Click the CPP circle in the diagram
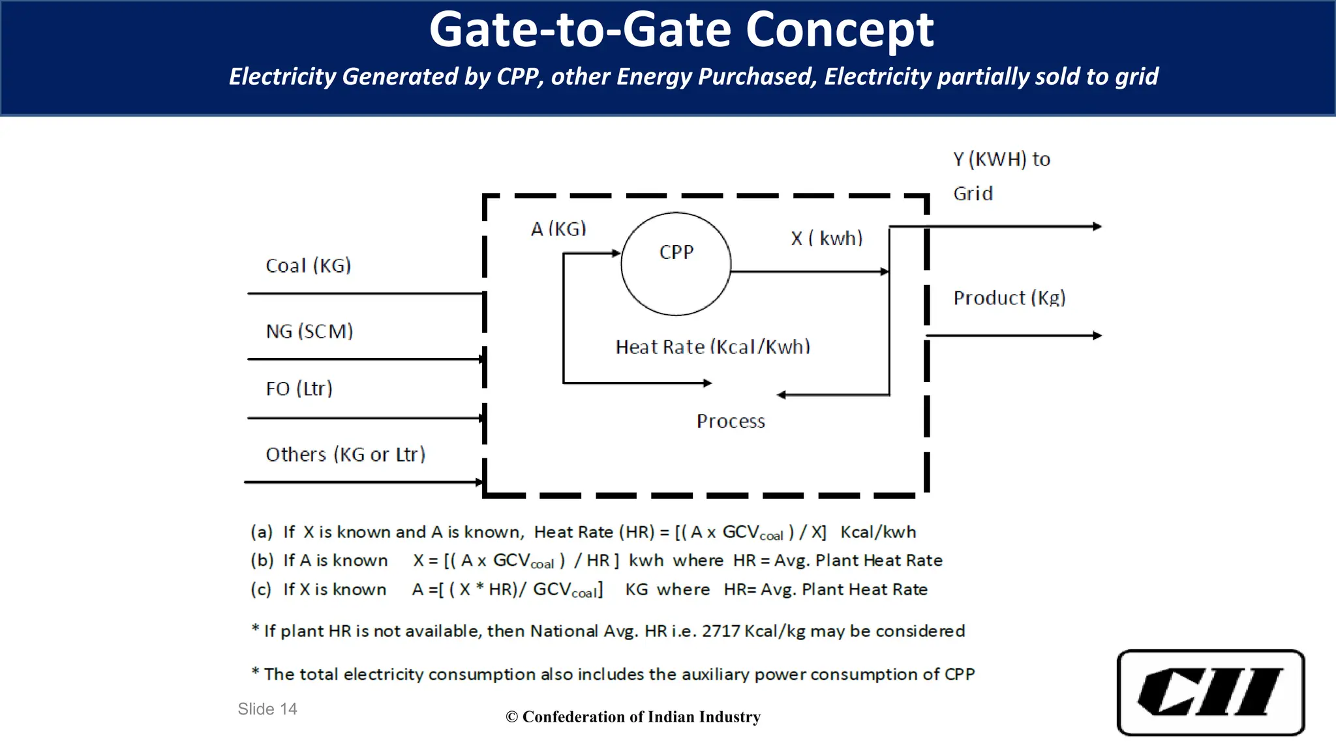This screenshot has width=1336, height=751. click(676, 264)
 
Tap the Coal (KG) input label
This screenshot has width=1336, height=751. click(308, 266)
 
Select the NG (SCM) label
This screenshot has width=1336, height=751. click(309, 331)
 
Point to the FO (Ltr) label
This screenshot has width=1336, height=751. click(299, 389)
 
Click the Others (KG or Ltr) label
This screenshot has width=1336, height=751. click(345, 454)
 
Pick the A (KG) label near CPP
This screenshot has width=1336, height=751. click(558, 229)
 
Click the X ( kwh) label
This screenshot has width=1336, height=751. click(827, 239)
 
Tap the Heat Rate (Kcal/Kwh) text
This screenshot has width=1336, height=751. click(712, 347)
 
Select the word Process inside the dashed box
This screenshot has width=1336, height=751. click(731, 421)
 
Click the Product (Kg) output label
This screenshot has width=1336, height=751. click(1009, 298)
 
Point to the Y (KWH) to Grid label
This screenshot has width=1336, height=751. click(1001, 176)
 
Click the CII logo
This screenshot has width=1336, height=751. click(1210, 692)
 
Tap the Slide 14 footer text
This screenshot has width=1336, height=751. click(267, 709)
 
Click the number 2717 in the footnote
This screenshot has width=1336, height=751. click(721, 631)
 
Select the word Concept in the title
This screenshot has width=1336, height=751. click(839, 30)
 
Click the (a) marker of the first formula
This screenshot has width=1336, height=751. click(262, 532)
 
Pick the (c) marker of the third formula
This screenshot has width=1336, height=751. click(261, 589)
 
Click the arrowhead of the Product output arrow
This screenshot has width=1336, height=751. click(1097, 336)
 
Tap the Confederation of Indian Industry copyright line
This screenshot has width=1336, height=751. click(633, 716)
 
